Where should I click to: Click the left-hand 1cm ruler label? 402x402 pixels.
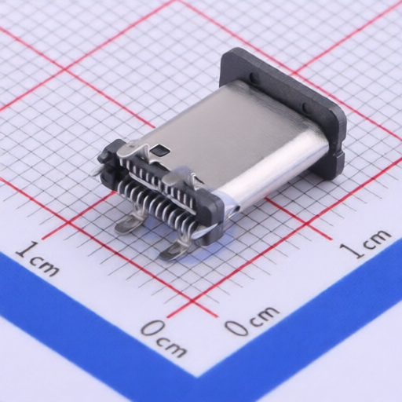[37, 259]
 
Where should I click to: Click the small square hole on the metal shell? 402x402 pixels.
[161, 149]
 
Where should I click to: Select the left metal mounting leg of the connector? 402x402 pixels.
[129, 224]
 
